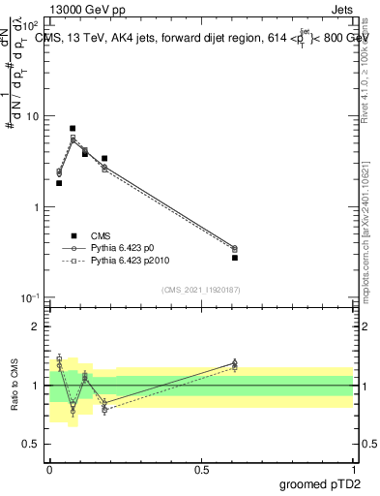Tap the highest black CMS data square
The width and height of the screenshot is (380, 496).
coord(73,128)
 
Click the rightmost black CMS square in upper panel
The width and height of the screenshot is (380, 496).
coord(235,258)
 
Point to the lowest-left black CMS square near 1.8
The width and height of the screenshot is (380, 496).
coord(59,183)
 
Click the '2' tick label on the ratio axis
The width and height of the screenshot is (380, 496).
coord(36,326)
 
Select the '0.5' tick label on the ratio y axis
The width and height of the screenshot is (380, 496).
coord(30,444)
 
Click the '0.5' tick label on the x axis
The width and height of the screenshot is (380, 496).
coord(201,469)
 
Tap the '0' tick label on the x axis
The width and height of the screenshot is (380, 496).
coord(49,469)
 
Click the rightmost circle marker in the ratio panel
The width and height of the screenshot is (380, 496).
coord(235,363)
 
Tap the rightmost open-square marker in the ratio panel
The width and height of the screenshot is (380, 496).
coord(235,368)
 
